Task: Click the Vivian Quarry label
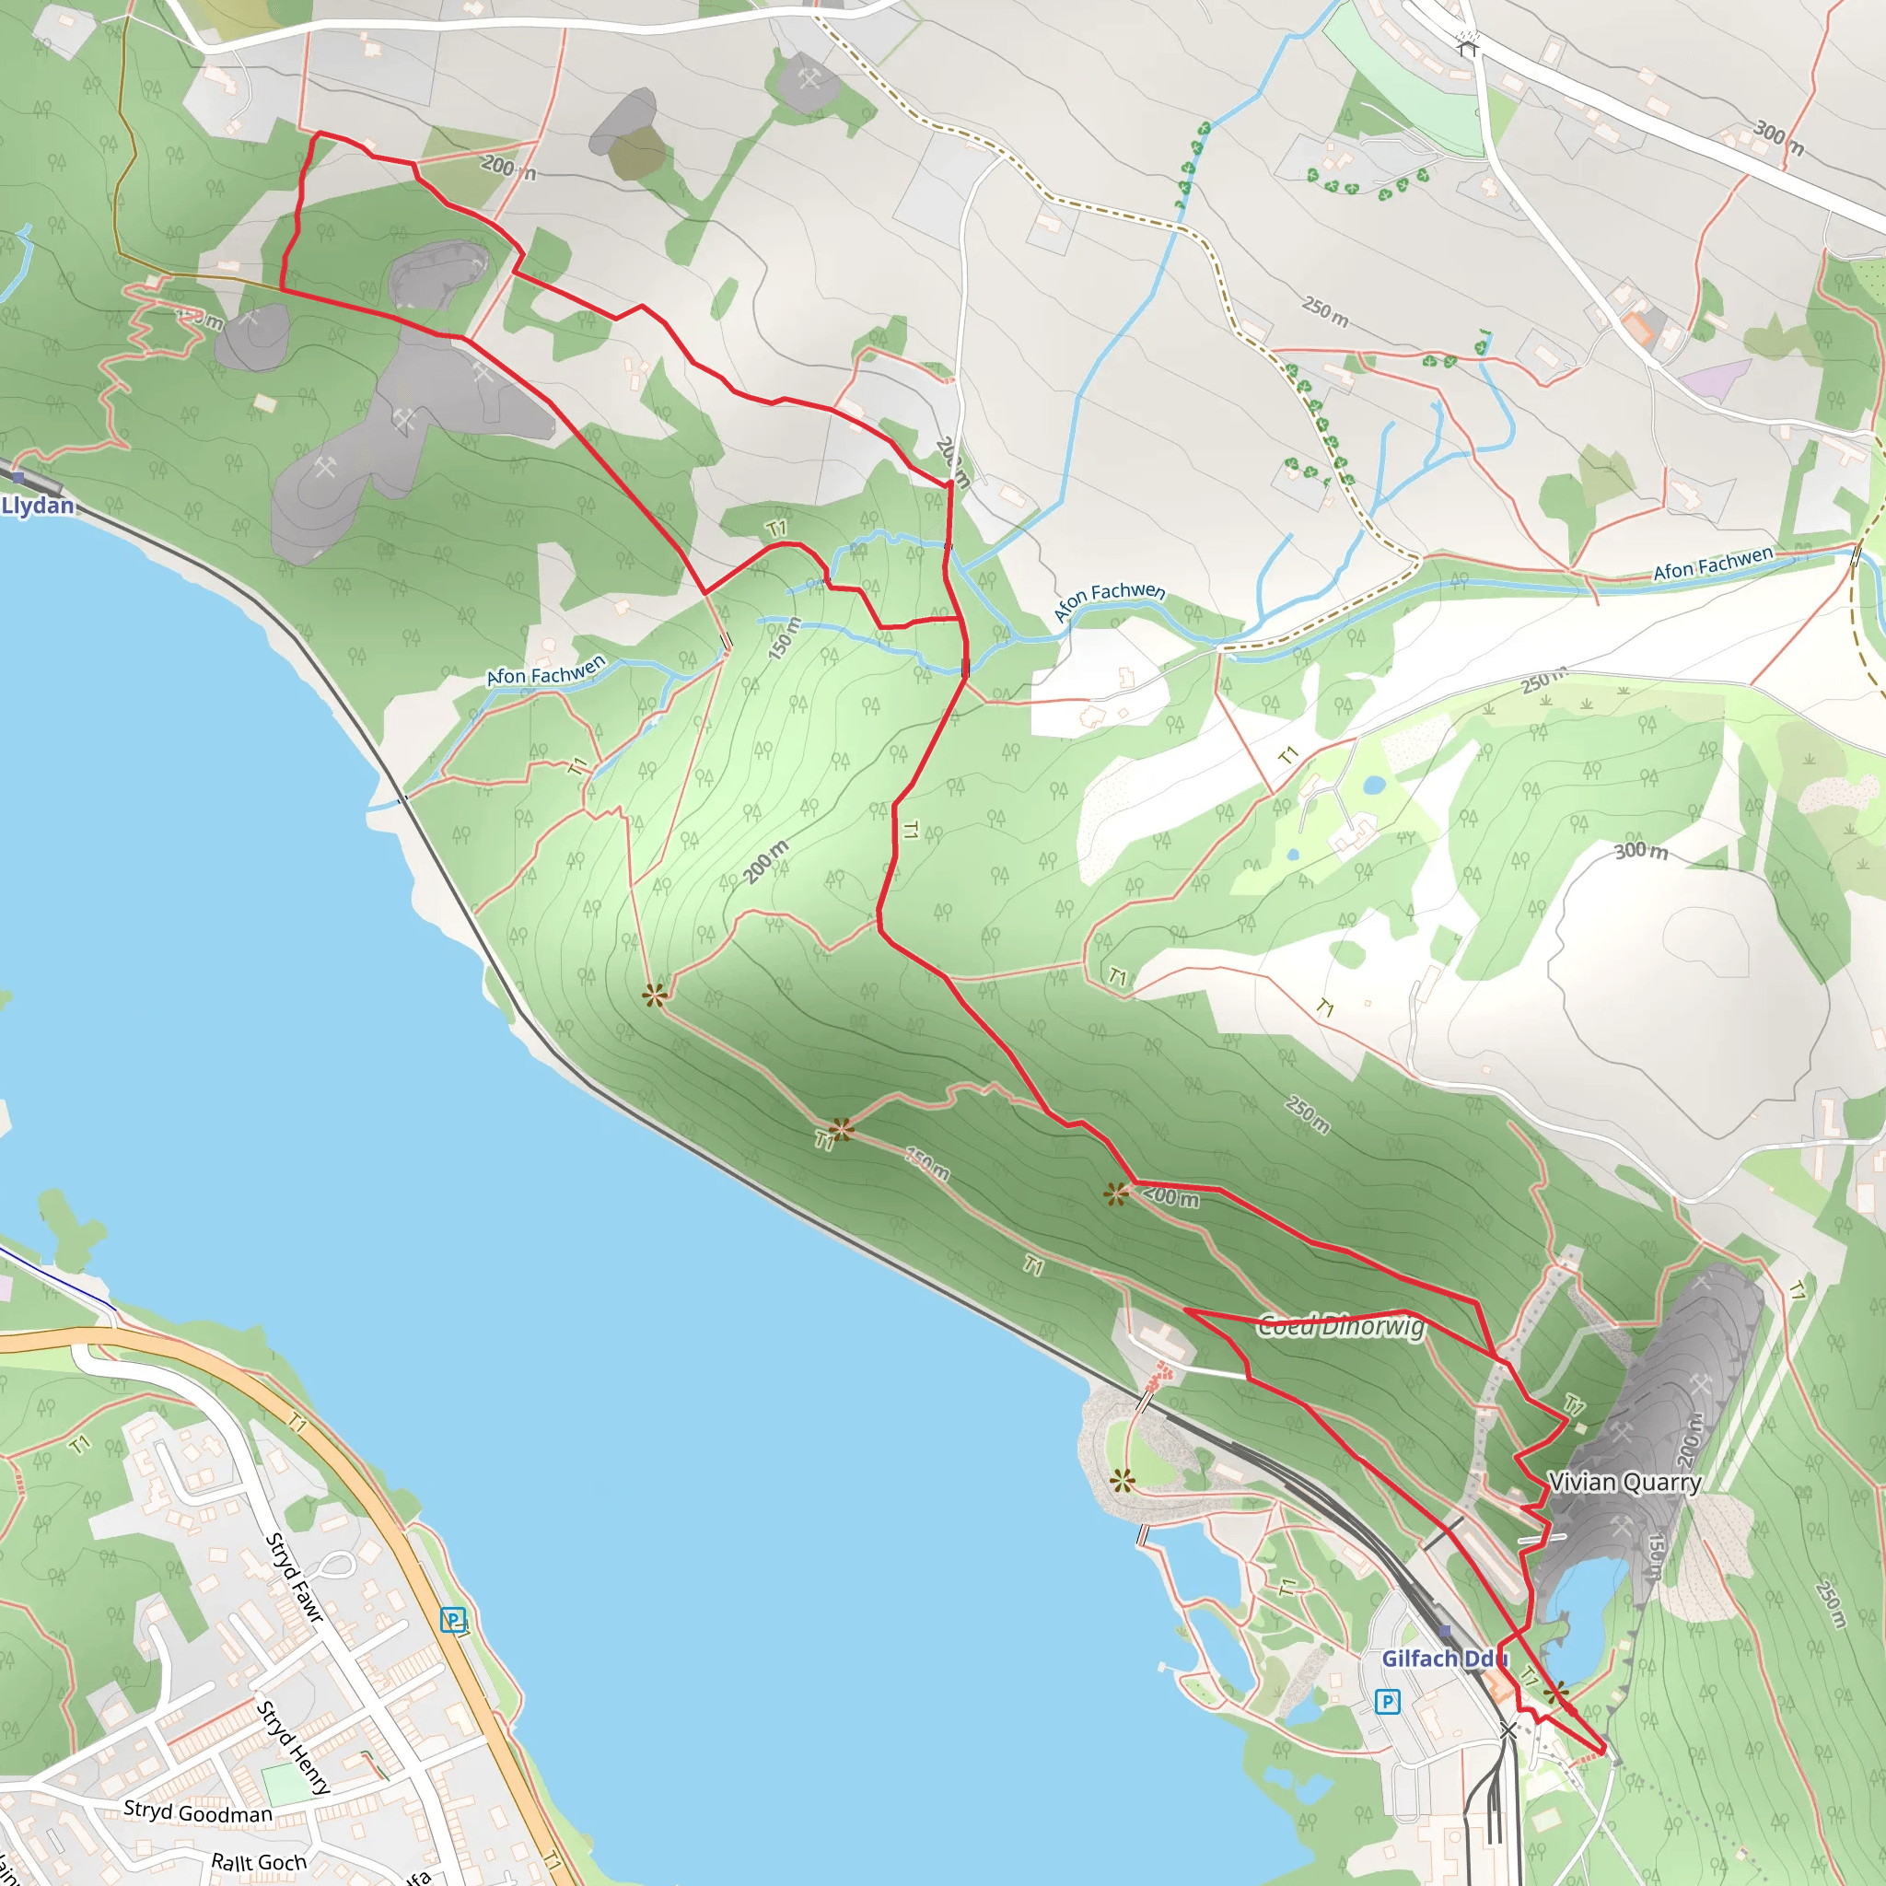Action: (x=1624, y=1483)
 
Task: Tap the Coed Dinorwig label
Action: (x=1340, y=1327)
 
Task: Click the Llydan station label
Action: (x=38, y=506)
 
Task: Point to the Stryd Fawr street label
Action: (x=294, y=1578)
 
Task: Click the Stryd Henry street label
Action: (x=293, y=1747)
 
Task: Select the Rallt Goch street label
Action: (x=259, y=1863)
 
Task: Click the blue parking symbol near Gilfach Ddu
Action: (x=1387, y=1703)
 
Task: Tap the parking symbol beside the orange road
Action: (x=453, y=1621)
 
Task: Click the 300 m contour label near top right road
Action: (x=1777, y=137)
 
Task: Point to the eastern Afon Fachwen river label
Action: (x=1712, y=565)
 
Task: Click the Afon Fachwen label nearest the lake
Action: (x=546, y=670)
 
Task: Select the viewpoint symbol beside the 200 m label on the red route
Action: (x=1117, y=1193)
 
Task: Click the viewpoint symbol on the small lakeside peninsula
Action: (x=1123, y=1482)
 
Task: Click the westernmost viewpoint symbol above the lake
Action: (x=655, y=995)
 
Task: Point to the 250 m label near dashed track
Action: (x=1324, y=310)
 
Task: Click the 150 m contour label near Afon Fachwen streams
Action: (x=784, y=638)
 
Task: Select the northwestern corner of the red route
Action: (x=320, y=133)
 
